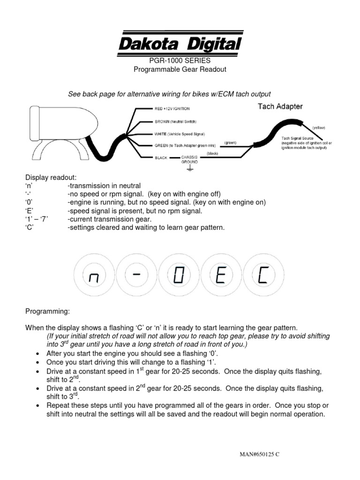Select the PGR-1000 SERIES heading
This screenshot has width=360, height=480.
click(x=180, y=61)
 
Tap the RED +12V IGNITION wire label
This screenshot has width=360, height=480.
click(x=172, y=109)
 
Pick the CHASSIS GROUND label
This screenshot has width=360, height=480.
click(x=190, y=159)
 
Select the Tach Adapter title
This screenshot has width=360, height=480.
click(x=280, y=106)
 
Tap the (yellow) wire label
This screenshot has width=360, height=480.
click(x=318, y=127)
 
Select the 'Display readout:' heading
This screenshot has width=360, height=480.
click(x=51, y=177)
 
